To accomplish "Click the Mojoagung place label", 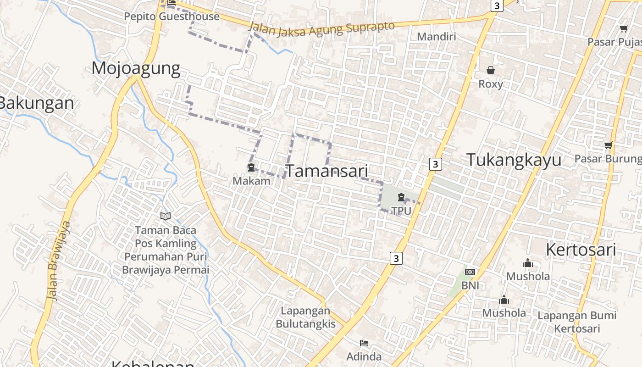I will [136, 68].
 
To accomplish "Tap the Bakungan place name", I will [37, 103].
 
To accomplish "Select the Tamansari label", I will [327, 171].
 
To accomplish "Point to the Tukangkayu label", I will [514, 160].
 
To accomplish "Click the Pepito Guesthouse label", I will [172, 17].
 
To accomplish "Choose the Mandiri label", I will [437, 36].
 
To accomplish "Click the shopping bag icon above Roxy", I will [491, 70].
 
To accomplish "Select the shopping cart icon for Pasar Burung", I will [608, 145].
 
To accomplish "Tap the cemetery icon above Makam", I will [251, 168].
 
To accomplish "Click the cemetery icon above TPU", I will [401, 198].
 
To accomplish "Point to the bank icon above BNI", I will [470, 272].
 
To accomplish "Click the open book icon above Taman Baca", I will [166, 216].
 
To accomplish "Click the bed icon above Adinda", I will [364, 343].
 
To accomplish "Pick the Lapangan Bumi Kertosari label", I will [577, 322].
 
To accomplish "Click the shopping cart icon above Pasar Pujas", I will [624, 29].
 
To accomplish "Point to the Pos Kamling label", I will [166, 244].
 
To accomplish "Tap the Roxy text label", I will [491, 84].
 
